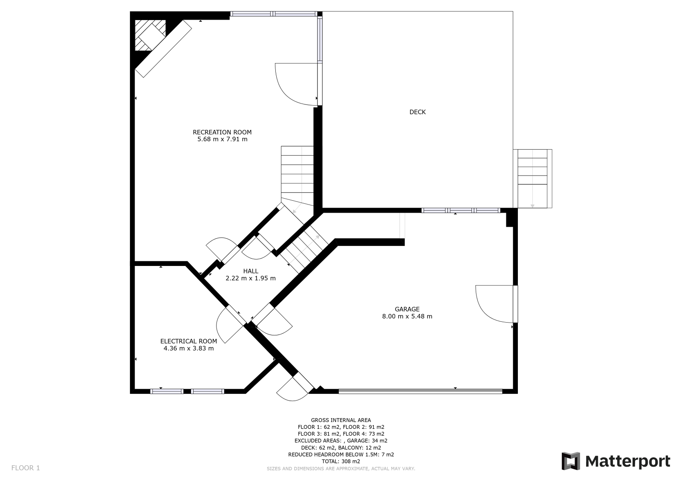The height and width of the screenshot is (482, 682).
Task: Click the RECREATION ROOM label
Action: [222, 132]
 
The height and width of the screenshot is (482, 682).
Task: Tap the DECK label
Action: [417, 112]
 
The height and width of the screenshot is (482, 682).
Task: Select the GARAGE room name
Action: [407, 309]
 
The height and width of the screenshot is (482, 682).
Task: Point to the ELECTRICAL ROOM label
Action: [189, 341]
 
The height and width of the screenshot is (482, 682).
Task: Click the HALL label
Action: [251, 271]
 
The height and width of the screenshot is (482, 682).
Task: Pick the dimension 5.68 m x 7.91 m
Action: [222, 139]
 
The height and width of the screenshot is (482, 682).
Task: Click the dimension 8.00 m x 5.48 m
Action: [407, 316]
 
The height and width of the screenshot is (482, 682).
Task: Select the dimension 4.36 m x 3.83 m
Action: [189, 348]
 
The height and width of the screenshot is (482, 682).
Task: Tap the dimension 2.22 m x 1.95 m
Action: [251, 278]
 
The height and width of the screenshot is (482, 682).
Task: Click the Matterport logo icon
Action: [571, 461]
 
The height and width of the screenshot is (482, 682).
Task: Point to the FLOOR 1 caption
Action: [26, 468]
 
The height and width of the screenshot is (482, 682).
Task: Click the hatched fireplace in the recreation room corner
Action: [150, 35]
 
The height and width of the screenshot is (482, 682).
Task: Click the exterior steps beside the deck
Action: [532, 179]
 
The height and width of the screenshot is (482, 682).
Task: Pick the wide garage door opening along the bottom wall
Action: [420, 391]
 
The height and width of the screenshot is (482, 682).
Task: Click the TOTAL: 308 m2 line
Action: [341, 461]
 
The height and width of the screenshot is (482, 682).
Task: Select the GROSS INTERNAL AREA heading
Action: [341, 420]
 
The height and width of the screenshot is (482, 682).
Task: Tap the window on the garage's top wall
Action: [461, 211]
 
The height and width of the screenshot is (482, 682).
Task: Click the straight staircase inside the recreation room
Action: [297, 176]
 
